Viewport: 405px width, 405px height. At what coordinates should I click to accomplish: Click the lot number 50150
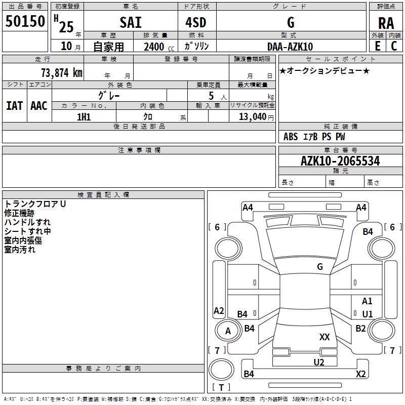tap(25, 22)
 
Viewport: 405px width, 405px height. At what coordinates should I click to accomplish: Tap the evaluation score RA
tap(386, 23)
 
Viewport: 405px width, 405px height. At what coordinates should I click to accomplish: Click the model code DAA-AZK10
tap(290, 47)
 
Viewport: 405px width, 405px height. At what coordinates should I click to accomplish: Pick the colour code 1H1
tap(84, 117)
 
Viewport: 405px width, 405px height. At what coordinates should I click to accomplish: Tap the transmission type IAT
tap(14, 105)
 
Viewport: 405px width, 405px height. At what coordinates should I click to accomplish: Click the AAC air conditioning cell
tap(39, 105)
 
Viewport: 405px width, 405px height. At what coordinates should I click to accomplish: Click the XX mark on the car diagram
tap(325, 337)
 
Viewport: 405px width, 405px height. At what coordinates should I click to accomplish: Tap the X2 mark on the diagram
tap(360, 374)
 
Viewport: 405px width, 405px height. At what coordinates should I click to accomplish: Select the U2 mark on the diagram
tap(318, 361)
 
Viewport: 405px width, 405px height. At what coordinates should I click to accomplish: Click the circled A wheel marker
tap(228, 331)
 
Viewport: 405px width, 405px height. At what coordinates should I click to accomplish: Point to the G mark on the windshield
tap(319, 266)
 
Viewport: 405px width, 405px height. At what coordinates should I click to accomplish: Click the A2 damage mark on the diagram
tap(219, 311)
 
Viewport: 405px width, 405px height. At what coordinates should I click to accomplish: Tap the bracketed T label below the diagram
tap(221, 387)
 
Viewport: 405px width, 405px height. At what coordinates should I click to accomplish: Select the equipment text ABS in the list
tap(291, 137)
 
